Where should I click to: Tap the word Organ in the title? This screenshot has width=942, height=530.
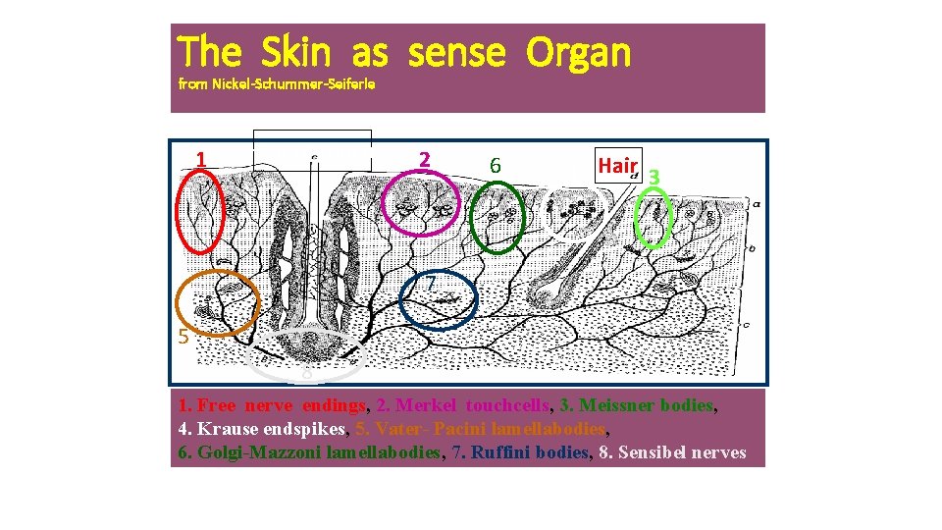click(x=578, y=53)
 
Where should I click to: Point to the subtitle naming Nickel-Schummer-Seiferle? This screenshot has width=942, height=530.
click(x=277, y=84)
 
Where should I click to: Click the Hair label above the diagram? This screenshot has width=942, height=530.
click(x=618, y=166)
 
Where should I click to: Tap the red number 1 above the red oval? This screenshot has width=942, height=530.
click(x=200, y=159)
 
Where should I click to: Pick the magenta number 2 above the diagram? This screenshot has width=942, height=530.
click(x=424, y=159)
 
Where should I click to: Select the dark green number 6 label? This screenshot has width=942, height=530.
click(x=496, y=167)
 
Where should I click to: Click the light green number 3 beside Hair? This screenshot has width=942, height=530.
click(x=654, y=177)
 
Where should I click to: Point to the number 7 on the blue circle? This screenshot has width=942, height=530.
click(x=430, y=284)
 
